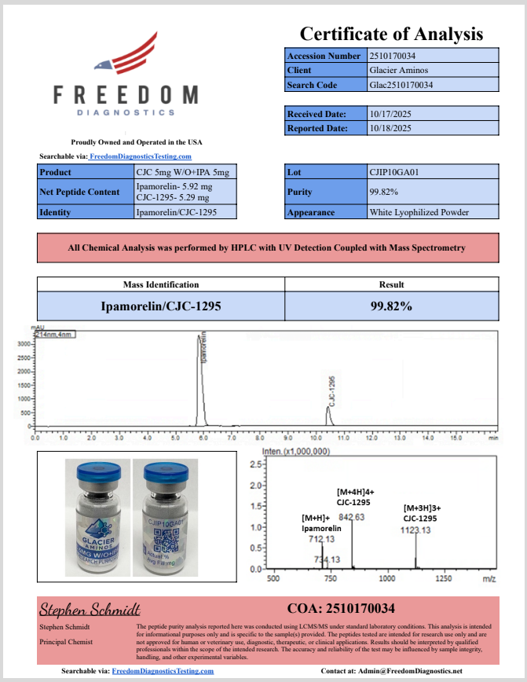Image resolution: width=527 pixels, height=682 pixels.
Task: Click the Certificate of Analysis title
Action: tap(390, 34)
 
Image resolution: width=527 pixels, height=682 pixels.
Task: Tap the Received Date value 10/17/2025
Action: tap(390, 114)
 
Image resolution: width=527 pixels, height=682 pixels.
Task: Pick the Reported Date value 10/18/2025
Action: tap(390, 128)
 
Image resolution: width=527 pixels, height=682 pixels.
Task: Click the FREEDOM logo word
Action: tap(126, 95)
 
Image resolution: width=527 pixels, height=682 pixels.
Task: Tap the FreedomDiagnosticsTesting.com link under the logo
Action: tap(141, 157)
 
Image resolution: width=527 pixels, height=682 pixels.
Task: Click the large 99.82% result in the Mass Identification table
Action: tap(391, 306)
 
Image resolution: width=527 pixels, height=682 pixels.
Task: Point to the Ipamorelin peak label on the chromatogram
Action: tap(204, 346)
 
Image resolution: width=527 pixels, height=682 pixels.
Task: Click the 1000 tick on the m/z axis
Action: tap(386, 579)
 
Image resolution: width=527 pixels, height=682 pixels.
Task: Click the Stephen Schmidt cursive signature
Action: tap(90, 609)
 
